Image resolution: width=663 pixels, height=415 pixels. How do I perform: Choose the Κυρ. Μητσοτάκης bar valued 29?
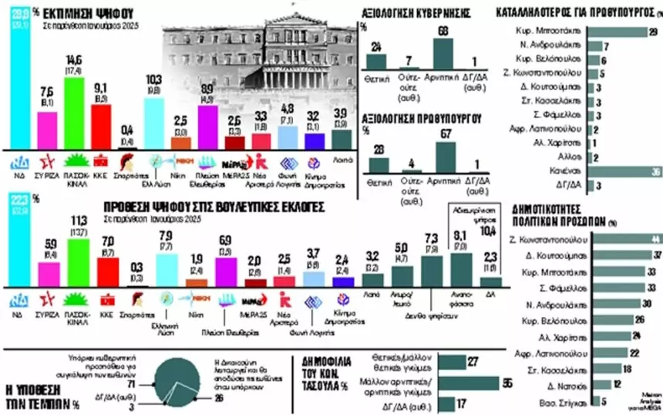[614, 32]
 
